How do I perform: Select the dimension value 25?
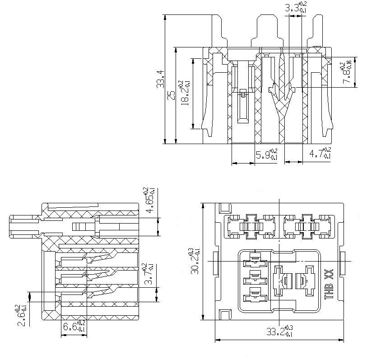(171, 95)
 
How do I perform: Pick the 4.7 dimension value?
(320, 154)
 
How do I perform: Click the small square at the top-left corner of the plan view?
(224, 209)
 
